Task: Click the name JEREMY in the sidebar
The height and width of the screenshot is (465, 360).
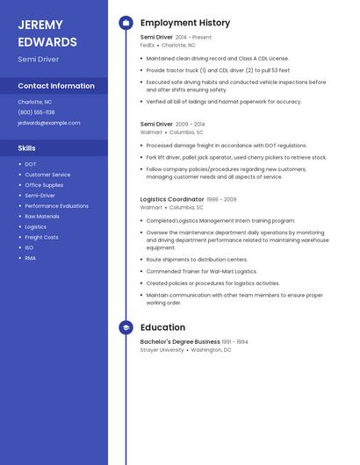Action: click(40, 25)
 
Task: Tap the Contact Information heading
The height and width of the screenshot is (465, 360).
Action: click(56, 86)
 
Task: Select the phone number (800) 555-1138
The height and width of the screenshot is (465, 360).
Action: click(36, 112)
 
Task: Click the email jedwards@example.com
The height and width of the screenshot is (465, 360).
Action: click(48, 123)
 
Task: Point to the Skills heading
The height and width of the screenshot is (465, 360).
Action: click(27, 148)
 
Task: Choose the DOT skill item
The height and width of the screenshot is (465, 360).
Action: click(31, 164)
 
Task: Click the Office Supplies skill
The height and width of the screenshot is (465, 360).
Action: click(44, 185)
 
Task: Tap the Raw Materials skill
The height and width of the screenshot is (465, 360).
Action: click(42, 216)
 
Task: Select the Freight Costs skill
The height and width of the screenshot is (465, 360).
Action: click(41, 237)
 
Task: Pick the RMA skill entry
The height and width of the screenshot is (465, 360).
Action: click(30, 258)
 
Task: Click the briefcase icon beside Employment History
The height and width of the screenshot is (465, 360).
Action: click(126, 23)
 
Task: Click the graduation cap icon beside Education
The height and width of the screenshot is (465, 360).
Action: click(126, 327)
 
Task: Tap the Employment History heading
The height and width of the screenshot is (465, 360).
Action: click(185, 23)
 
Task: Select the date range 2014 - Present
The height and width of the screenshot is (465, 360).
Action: click(193, 38)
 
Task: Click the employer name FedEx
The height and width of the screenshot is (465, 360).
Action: click(148, 45)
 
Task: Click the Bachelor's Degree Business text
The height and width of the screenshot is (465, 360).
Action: click(180, 341)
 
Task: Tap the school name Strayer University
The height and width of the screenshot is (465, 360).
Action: click(162, 349)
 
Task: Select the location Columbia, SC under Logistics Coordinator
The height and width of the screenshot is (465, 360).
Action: click(187, 208)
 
